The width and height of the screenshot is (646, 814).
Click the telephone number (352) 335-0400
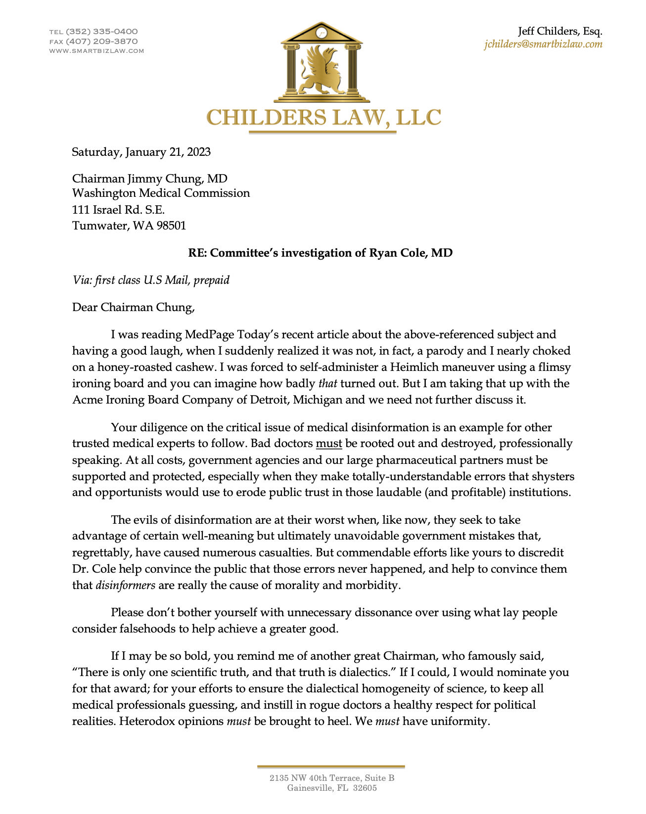(101, 32)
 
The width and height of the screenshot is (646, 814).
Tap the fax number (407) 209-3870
(101, 42)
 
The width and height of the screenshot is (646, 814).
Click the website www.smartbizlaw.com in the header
(96, 51)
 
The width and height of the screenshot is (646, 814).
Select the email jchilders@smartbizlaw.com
(543, 44)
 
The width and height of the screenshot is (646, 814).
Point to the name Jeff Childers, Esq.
(560, 31)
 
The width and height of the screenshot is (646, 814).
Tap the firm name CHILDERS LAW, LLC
(323, 118)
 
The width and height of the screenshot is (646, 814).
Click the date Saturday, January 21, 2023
(141, 152)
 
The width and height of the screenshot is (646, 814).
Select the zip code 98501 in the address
(171, 226)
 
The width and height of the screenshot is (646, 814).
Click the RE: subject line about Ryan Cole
(320, 253)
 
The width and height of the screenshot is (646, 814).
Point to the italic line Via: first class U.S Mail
(151, 280)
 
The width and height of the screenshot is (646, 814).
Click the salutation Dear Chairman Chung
(134, 308)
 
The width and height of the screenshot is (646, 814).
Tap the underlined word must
(329, 444)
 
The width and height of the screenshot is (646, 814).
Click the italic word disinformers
(126, 586)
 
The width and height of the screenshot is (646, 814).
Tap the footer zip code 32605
(365, 788)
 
